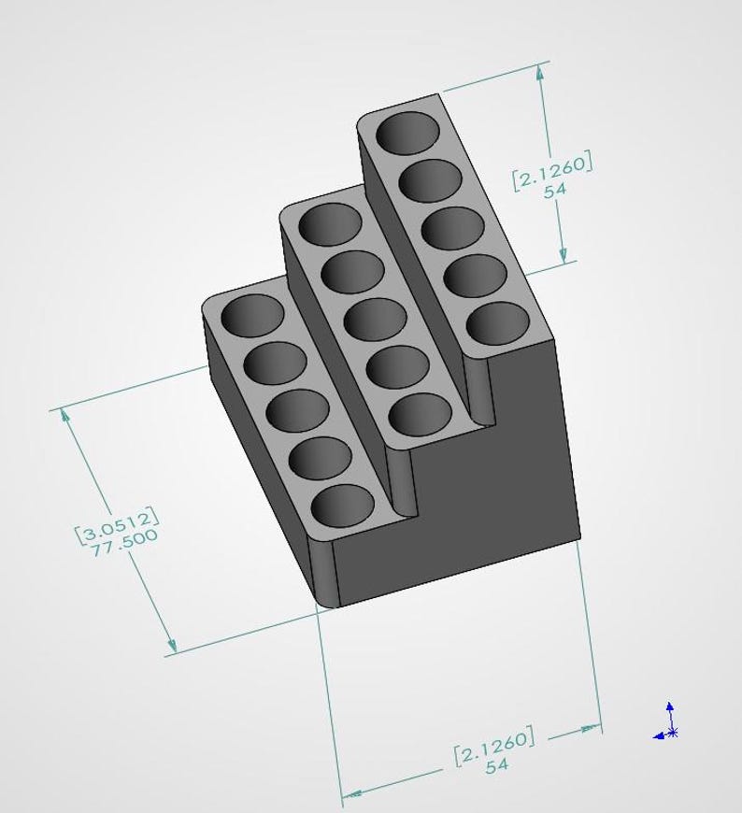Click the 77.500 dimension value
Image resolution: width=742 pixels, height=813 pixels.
[124, 543]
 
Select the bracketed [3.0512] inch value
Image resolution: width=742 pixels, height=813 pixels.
[117, 524]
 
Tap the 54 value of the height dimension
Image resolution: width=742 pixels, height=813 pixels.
[555, 190]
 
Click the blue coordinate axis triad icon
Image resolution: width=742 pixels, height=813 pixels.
[666, 721]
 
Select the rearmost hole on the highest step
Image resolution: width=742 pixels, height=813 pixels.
[407, 132]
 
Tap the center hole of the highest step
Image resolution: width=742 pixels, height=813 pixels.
[452, 228]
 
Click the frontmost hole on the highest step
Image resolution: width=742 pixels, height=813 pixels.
[498, 323]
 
